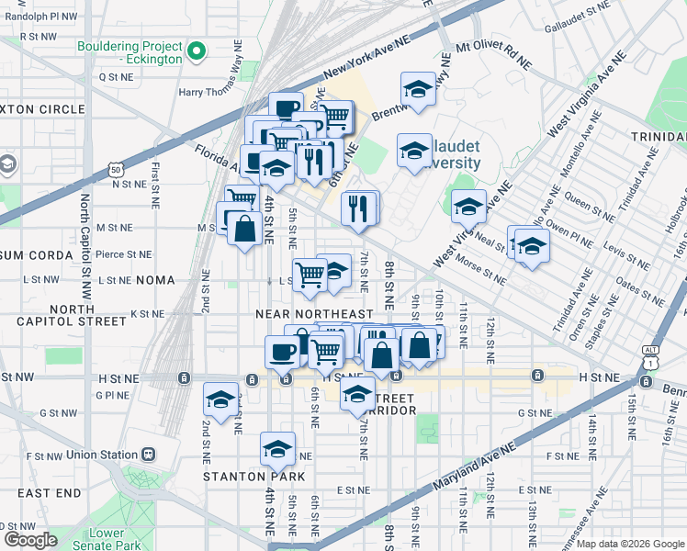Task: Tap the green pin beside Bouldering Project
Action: pos(196,53)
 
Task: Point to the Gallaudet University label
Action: pos(447,155)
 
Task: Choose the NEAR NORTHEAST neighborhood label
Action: pos(314,314)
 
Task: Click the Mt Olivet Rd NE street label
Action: pos(494,54)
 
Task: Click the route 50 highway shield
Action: pos(115,170)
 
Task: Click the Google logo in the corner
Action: pos(30,540)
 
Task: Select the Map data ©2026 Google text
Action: pos(630,544)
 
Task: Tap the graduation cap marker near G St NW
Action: pos(220,399)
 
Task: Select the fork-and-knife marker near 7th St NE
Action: pos(359,208)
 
